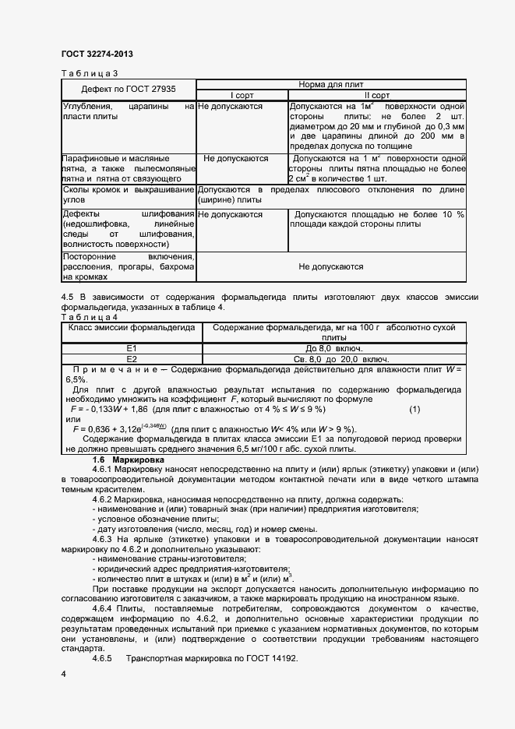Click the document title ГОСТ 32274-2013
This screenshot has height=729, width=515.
click(x=97, y=54)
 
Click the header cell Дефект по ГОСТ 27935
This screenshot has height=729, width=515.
click(x=129, y=89)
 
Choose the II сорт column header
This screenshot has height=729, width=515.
click(x=377, y=95)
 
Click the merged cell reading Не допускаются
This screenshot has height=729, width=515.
click(x=331, y=266)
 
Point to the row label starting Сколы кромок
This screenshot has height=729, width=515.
click(x=128, y=195)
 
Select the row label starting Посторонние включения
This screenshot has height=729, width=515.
click(x=128, y=266)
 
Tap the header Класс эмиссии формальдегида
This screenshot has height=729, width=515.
click(x=132, y=328)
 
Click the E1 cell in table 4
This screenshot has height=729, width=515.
click(x=132, y=348)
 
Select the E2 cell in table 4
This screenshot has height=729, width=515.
click(x=132, y=358)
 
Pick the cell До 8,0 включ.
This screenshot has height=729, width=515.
click(x=333, y=348)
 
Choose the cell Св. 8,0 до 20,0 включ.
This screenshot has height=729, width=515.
click(x=333, y=358)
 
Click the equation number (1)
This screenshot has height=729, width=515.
click(x=414, y=409)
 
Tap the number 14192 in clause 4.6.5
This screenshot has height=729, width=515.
click(x=284, y=659)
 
